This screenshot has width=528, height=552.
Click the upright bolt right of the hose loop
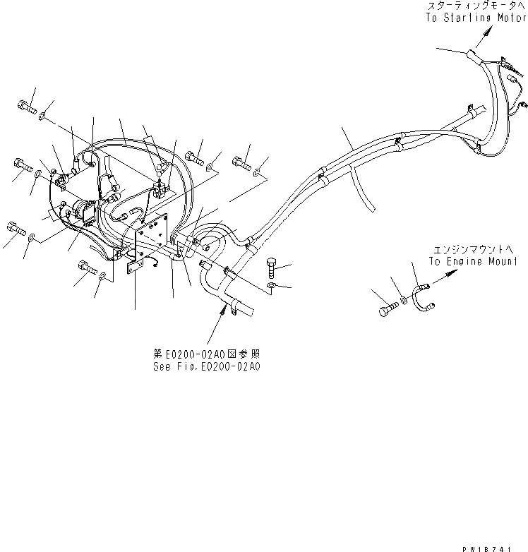[x=274, y=269]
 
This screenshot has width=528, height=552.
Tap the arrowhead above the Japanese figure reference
[x=227, y=311]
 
